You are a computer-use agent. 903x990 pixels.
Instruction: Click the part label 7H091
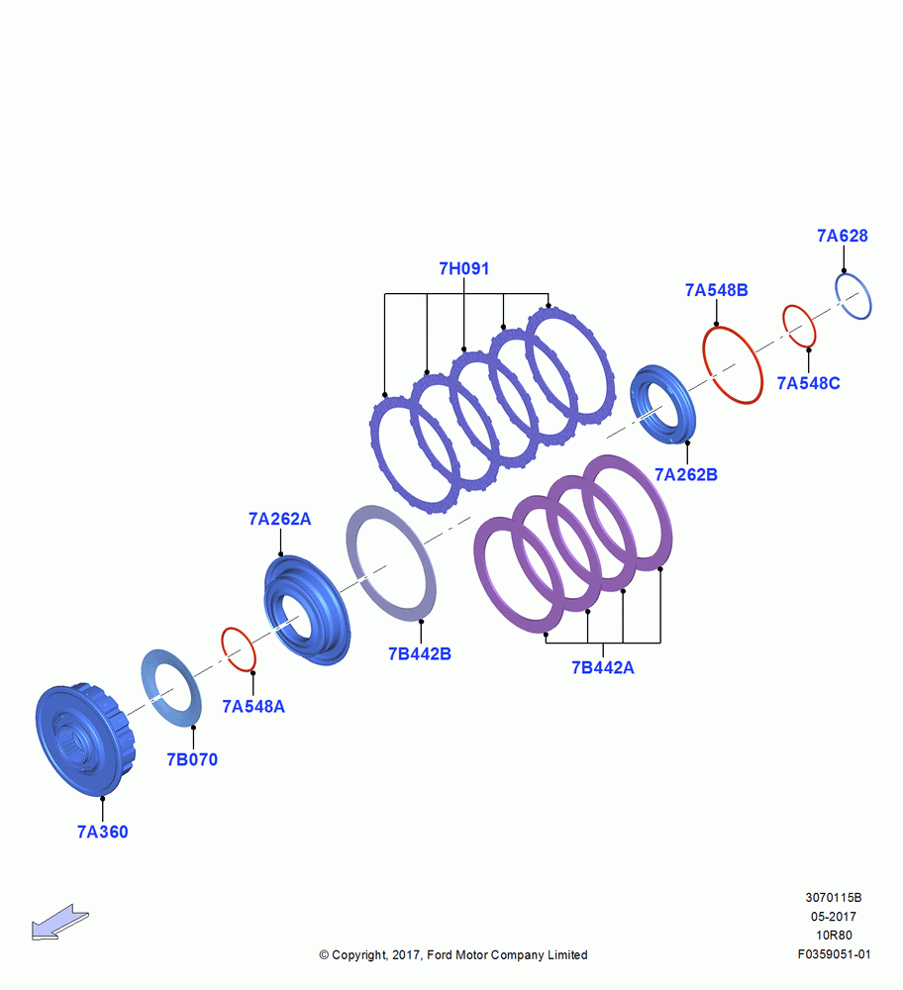point(464,268)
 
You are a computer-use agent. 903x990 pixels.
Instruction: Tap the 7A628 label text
point(843,236)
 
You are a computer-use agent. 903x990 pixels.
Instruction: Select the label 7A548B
point(717,290)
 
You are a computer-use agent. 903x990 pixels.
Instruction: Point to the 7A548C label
point(808,383)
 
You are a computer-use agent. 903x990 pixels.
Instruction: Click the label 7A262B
point(686,474)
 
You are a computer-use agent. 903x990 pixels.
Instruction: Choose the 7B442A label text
point(602,667)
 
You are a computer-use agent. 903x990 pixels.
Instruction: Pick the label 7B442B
point(419,653)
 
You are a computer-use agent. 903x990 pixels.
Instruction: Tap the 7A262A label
point(280,519)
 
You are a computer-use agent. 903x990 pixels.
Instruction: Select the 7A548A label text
point(253,706)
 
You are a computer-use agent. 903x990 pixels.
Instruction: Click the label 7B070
point(192,759)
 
